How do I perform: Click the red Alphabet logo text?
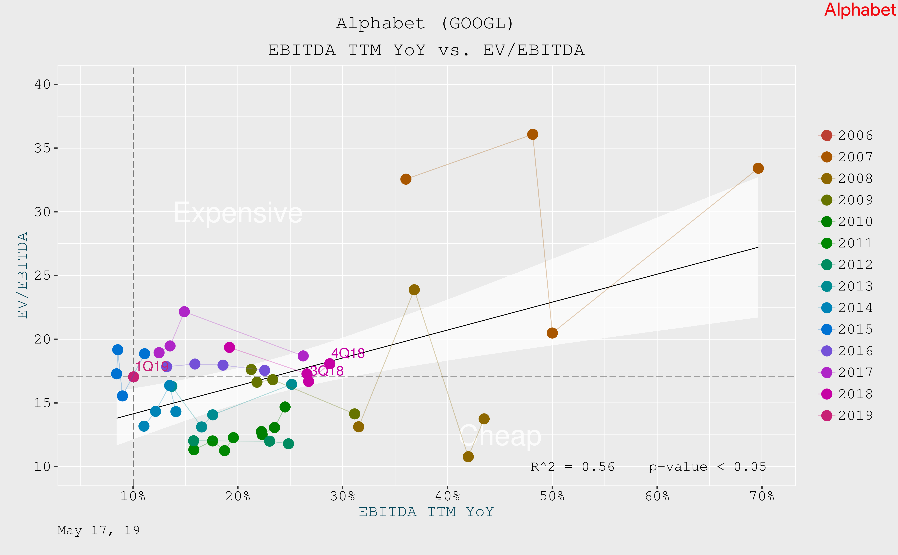coord(860,10)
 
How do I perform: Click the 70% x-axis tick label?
coord(762,496)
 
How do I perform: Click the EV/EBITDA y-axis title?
coord(23,275)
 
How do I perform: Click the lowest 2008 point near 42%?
coord(468,457)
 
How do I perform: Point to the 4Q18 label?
coord(348,353)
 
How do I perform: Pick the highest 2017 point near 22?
coord(184,312)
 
